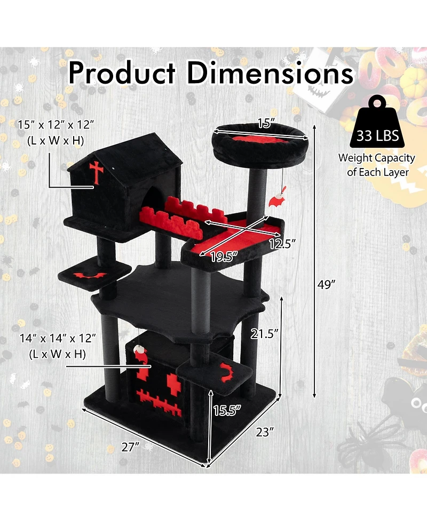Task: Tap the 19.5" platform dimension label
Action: pos(223,257)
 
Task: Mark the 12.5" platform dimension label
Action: pos(282,244)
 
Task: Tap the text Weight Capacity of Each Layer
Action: pos(377,165)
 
